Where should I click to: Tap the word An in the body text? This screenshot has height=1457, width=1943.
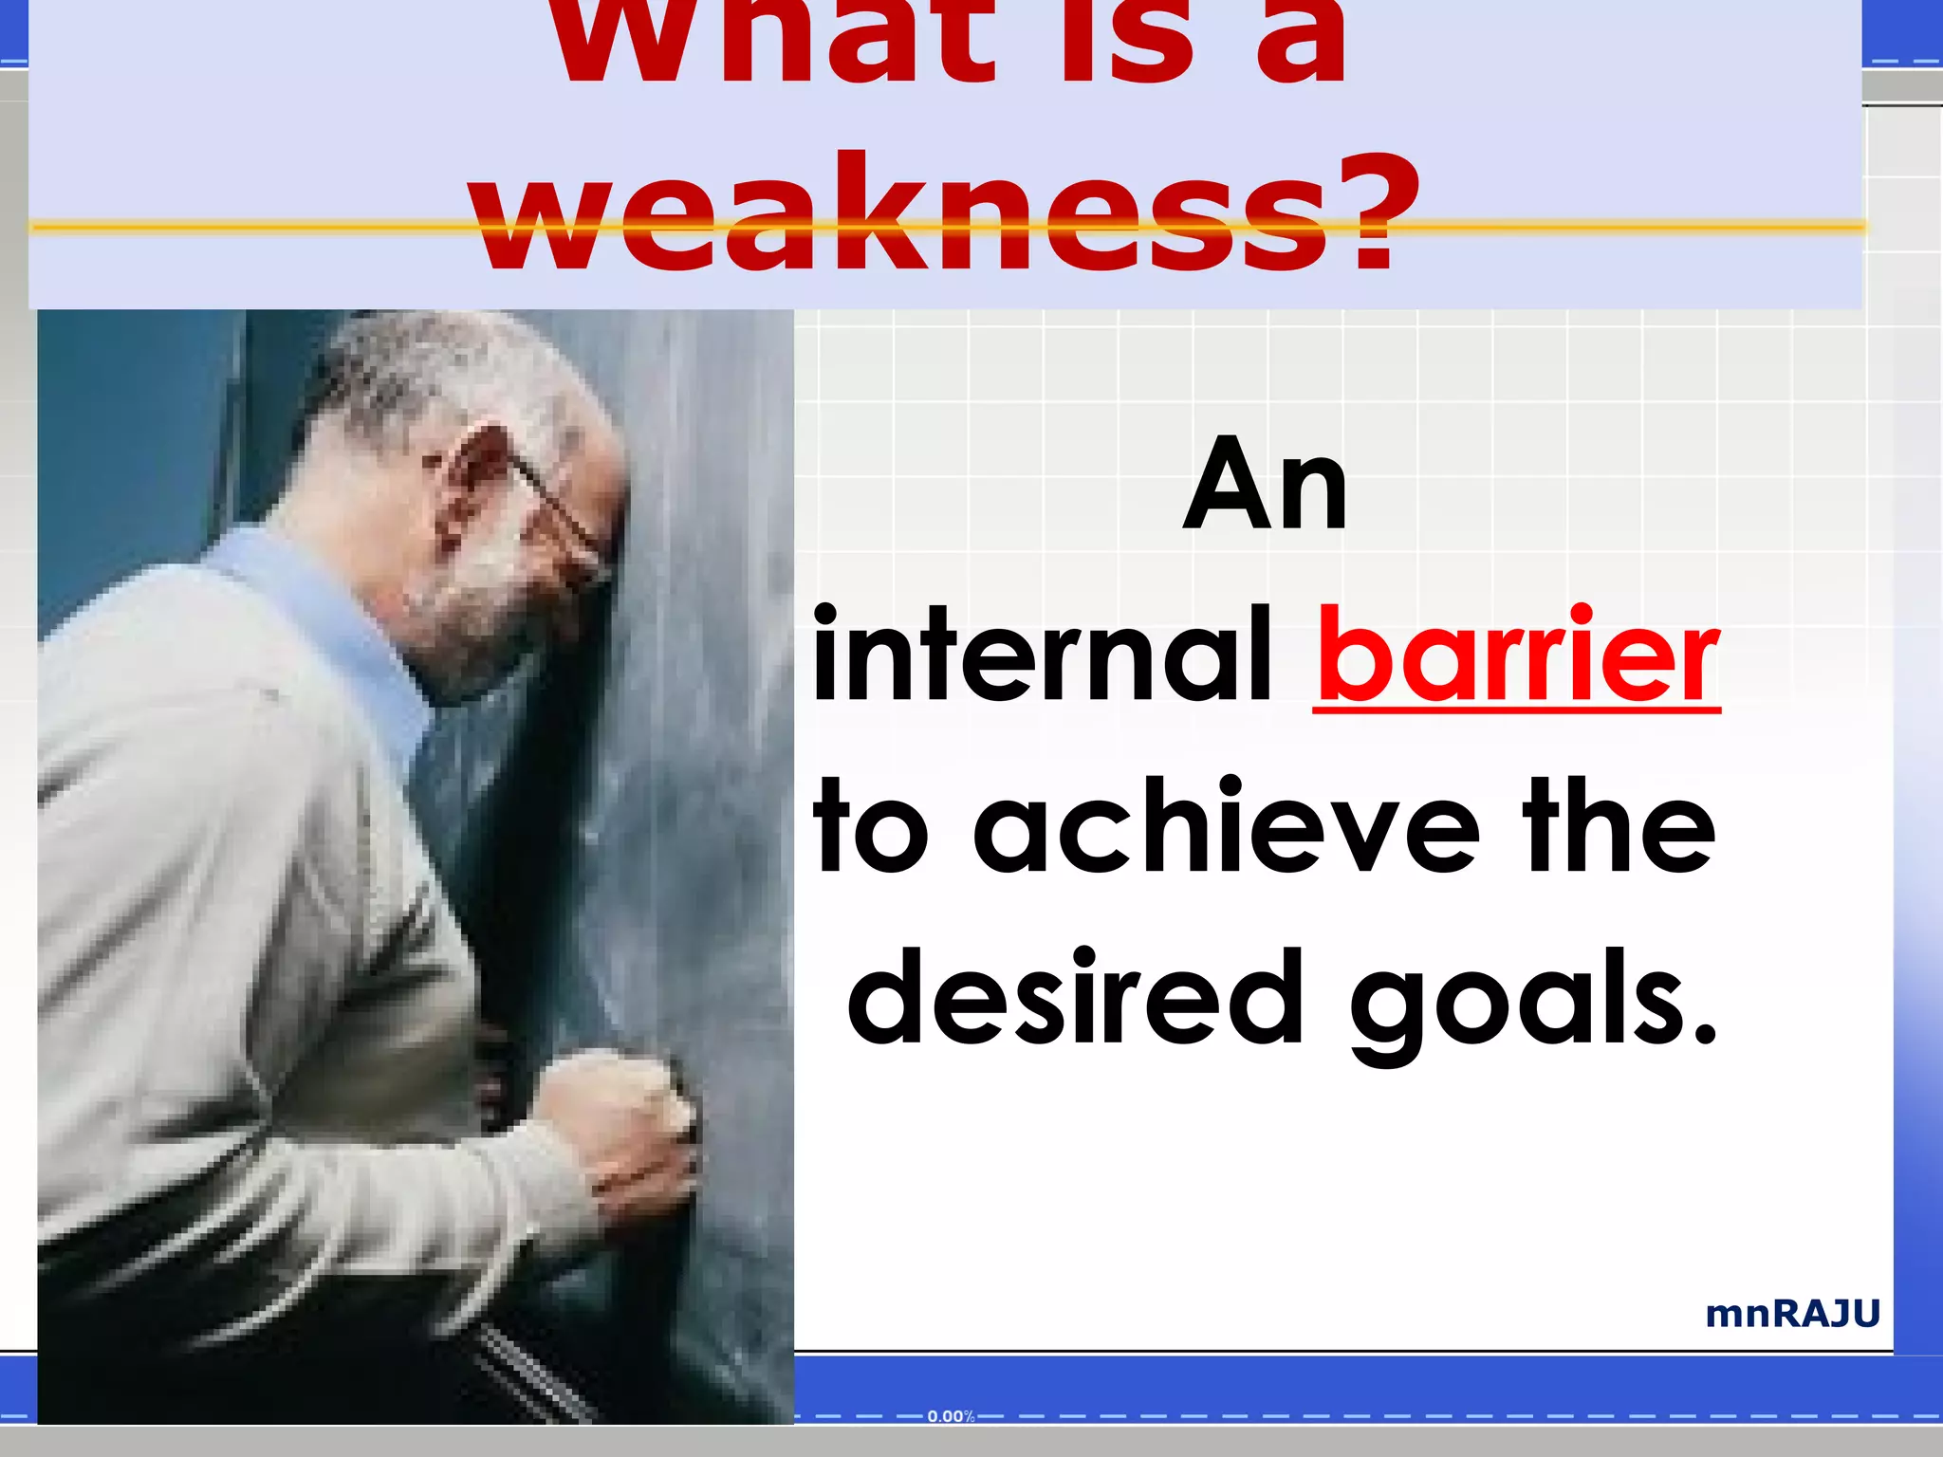coord(1265,488)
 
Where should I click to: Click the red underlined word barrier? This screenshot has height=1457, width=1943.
coord(1517,656)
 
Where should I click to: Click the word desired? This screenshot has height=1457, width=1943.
coord(1076,998)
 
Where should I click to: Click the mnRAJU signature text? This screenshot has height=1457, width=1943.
coord(1792,1314)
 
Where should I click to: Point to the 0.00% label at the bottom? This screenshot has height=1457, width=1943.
coord(951,1416)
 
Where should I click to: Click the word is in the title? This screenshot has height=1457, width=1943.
coord(1124,43)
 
